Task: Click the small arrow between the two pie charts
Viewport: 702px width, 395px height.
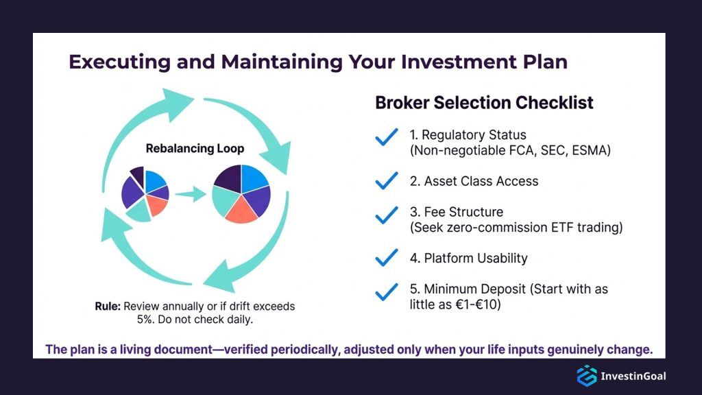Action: (191, 195)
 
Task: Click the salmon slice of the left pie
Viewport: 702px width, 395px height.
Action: (157, 206)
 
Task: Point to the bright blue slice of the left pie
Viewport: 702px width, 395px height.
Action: (154, 180)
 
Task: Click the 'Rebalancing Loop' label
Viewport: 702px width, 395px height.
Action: (195, 148)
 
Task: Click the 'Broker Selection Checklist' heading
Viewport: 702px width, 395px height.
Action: (484, 103)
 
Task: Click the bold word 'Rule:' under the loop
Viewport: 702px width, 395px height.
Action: (108, 306)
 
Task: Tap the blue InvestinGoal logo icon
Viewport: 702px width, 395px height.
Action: (586, 375)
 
